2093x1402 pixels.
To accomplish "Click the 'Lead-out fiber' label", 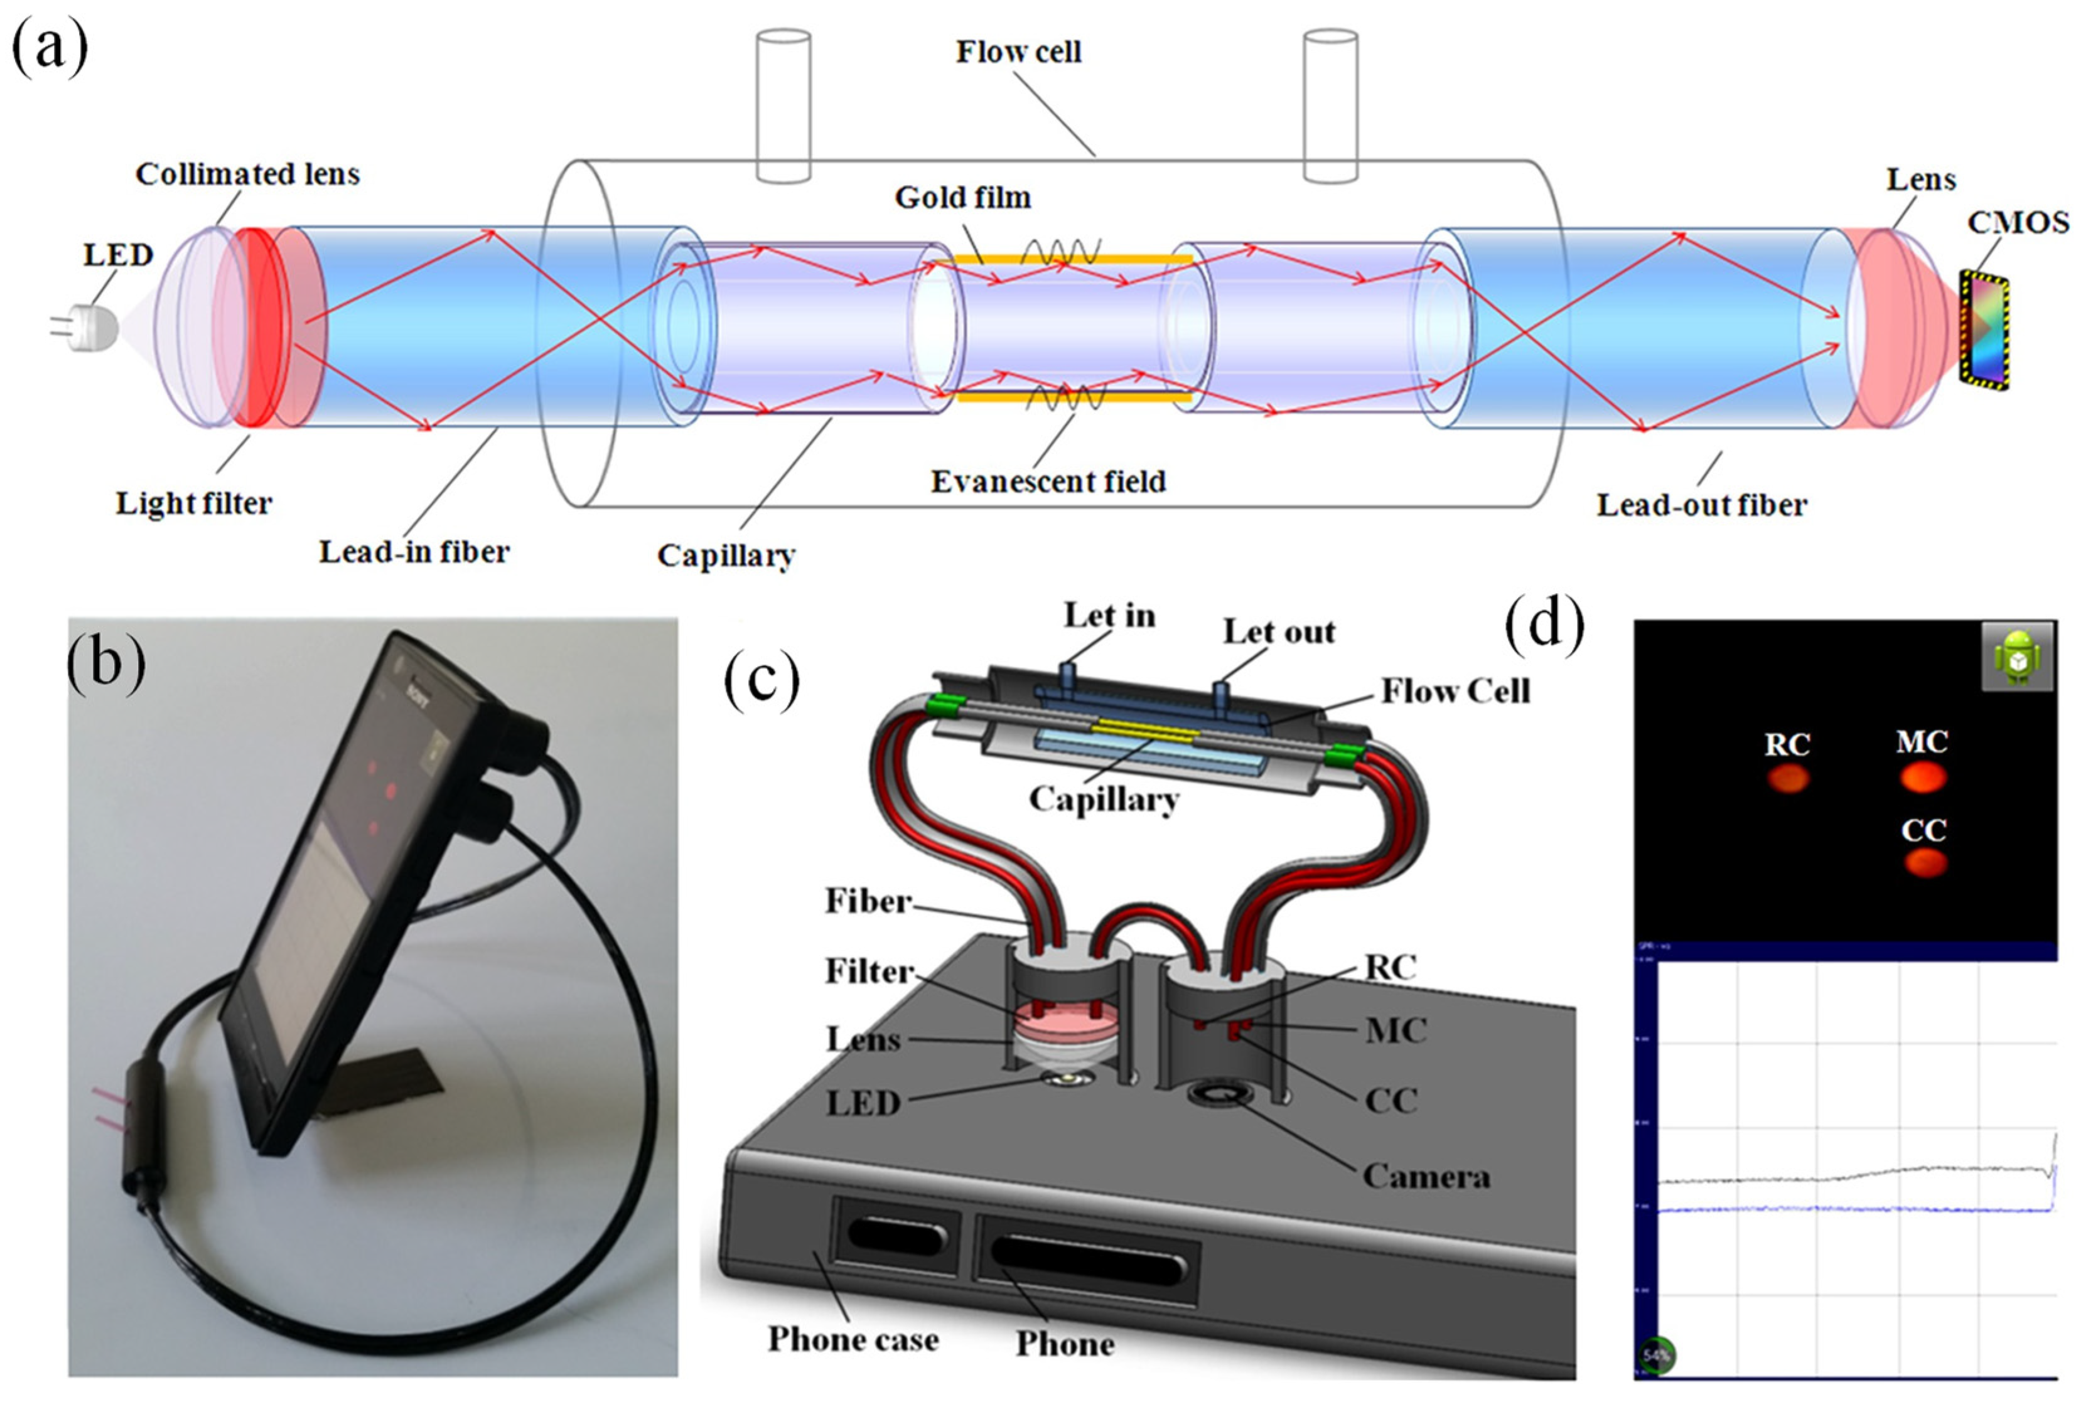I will coord(1701,505).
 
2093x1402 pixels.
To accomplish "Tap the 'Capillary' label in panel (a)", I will coord(726,555).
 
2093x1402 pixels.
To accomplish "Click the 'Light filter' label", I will coord(193,503).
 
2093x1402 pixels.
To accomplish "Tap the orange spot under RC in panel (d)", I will coord(1788,778).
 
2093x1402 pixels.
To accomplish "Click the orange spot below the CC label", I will coord(1925,864).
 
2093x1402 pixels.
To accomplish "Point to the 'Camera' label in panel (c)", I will coord(1426,1177).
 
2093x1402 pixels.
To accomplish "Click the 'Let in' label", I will coord(1109,615).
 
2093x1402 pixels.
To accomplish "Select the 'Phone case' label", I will coord(853,1339).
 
